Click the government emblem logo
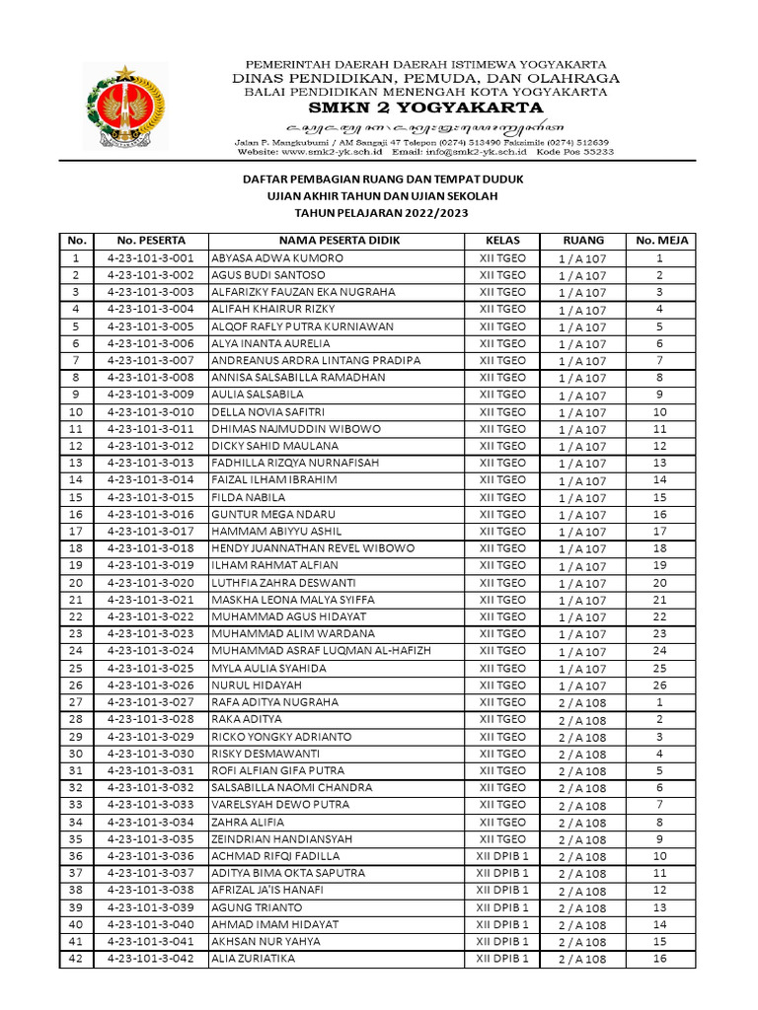tap(123, 106)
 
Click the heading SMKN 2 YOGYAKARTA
tap(425, 108)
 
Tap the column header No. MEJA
tap(660, 240)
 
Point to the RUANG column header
tap(582, 240)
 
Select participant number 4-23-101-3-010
tap(151, 411)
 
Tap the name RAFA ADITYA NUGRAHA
tap(274, 702)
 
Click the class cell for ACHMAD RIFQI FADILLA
tap(502, 856)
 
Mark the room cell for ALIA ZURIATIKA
tap(582, 959)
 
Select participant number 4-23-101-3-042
tap(151, 959)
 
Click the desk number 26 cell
tap(660, 685)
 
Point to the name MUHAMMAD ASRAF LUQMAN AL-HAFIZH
tap(321, 651)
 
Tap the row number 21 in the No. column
tap(75, 600)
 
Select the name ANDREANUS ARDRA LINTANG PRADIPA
tap(316, 360)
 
